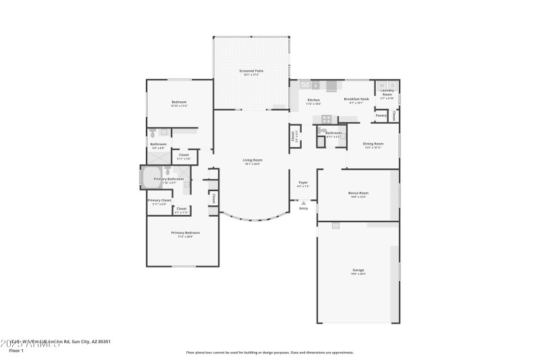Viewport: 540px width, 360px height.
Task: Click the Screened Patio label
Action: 251,70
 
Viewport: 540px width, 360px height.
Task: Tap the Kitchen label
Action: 313,99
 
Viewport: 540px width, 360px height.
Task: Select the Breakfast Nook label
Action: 356,99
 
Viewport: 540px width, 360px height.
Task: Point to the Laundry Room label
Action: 387,92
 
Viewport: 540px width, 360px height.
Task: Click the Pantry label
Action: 381,115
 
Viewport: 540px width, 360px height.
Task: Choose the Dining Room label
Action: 373,143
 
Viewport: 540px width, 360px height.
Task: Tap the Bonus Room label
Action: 358,193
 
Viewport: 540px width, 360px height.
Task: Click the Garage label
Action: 358,270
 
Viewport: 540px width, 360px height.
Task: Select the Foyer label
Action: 303,182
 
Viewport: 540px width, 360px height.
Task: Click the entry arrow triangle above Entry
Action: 303,202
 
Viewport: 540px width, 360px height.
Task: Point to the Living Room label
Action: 252,160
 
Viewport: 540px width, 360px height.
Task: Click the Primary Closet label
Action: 159,200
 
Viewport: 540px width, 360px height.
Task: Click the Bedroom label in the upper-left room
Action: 179,102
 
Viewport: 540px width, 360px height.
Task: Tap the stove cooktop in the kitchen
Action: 326,119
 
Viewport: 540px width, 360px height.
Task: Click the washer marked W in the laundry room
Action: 382,84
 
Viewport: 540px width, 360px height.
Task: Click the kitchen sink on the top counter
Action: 305,85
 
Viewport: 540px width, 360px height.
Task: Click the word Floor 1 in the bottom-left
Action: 16,351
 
